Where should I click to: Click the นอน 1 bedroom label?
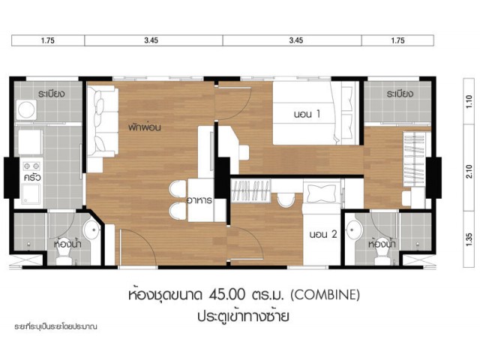(x=307, y=114)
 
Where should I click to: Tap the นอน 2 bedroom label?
(x=323, y=235)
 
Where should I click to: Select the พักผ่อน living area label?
(x=145, y=127)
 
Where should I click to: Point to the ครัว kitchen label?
(x=32, y=177)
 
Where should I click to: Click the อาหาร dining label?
(x=199, y=200)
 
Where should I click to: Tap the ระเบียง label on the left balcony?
(x=52, y=93)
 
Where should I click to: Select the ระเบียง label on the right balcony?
(x=400, y=93)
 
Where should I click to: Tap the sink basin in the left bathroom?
(x=91, y=229)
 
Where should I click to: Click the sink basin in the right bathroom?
(x=355, y=229)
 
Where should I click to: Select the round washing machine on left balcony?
(x=26, y=109)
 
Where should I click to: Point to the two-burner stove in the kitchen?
(x=31, y=166)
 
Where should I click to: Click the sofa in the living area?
(x=102, y=121)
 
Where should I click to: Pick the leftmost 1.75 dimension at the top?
(x=48, y=40)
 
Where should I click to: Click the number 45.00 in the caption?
(x=227, y=295)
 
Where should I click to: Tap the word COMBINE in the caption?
(x=325, y=295)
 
